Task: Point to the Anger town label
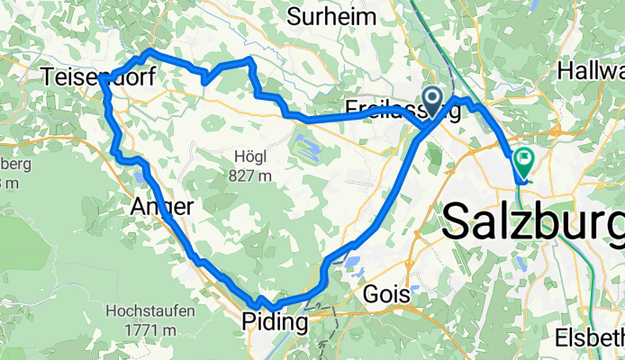click(x=162, y=206)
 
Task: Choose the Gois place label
click(x=387, y=294)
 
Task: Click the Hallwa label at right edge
click(x=592, y=69)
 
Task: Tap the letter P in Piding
click(x=249, y=322)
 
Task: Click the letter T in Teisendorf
click(x=48, y=78)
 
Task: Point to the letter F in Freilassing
click(x=351, y=110)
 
